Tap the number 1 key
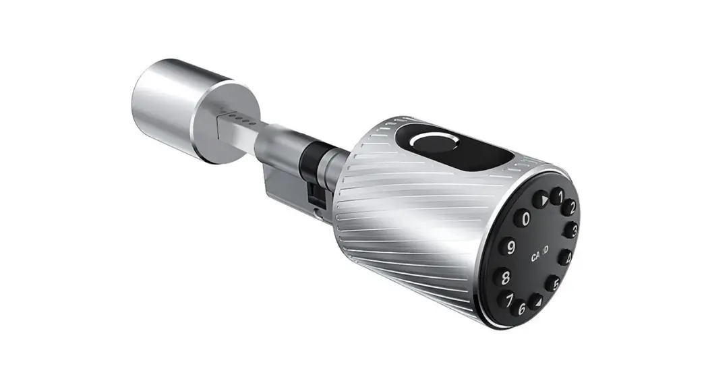click(x=556, y=196)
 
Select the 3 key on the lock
click(x=572, y=231)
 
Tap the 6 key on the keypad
click(x=519, y=308)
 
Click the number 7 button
click(x=504, y=299)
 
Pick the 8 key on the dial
click(x=502, y=276)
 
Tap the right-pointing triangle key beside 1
click(x=541, y=199)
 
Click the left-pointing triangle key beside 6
click(x=535, y=301)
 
